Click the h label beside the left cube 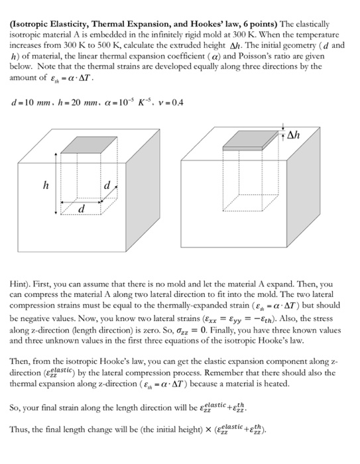pos(45,185)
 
